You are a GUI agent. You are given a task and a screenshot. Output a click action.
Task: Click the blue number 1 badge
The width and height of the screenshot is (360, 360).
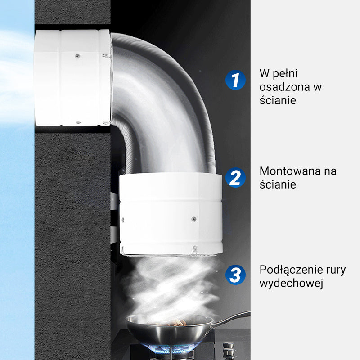click(235, 80)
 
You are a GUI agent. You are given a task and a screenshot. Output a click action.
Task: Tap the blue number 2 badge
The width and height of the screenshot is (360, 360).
click(235, 177)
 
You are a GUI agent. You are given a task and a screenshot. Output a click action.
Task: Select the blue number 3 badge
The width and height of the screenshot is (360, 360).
click(235, 274)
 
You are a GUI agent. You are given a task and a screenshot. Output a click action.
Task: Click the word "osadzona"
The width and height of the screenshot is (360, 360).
click(284, 87)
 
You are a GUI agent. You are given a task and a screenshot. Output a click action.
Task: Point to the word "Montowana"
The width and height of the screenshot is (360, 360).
click(287, 171)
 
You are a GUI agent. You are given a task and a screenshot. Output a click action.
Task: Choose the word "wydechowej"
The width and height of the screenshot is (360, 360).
click(291, 283)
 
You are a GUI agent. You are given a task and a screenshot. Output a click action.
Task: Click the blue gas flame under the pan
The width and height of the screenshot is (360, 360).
click(171, 349)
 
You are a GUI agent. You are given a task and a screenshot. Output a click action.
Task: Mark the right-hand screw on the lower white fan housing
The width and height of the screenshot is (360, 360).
click(194, 219)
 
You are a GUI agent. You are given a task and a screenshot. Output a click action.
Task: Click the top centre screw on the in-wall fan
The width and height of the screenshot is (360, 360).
click(78, 56)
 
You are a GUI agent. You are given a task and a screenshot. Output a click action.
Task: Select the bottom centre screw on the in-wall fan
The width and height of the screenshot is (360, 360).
click(78, 122)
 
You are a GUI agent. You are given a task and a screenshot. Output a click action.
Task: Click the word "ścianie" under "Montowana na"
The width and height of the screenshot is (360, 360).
click(278, 184)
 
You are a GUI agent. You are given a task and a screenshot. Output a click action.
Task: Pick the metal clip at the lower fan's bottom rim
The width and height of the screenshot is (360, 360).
click(195, 250)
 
